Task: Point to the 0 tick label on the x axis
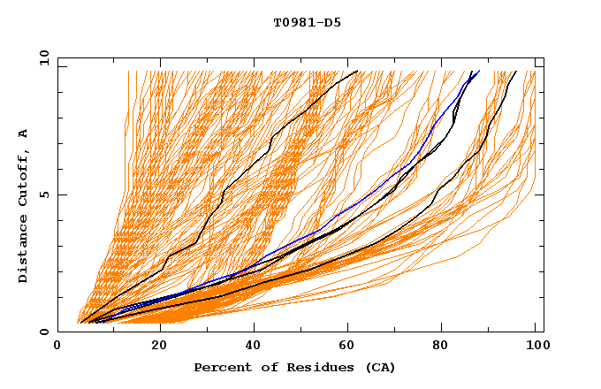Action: [57, 346]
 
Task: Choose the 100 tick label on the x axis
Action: [536, 346]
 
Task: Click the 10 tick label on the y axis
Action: [43, 57]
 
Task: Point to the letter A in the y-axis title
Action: [23, 133]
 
